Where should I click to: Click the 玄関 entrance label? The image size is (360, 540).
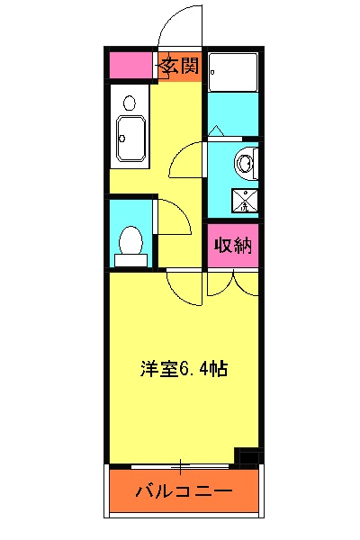click(x=180, y=66)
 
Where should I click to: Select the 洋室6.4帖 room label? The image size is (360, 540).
click(x=183, y=368)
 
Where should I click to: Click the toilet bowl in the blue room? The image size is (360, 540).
click(x=130, y=242)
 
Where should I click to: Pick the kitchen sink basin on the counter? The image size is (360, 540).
click(x=130, y=139)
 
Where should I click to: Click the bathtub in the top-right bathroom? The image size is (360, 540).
click(x=232, y=71)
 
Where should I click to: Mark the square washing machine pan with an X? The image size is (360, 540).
click(x=242, y=201)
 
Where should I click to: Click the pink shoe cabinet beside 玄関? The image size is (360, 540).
click(x=131, y=66)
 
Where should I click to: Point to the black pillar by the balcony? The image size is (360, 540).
click(x=248, y=456)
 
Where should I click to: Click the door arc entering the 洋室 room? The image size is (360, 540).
click(x=184, y=287)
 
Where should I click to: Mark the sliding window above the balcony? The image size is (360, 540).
click(x=180, y=466)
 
